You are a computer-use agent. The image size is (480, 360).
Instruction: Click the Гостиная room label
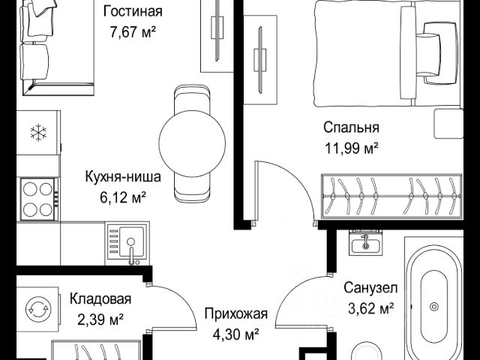click(x=133, y=12)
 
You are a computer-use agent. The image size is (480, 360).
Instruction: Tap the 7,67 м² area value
click(x=133, y=31)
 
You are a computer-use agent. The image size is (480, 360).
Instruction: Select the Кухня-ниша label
click(x=123, y=177)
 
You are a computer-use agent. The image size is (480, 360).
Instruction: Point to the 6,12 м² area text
click(x=122, y=197)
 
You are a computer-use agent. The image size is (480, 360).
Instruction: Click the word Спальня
click(x=351, y=127)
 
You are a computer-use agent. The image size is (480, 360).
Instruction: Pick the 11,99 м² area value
click(x=351, y=148)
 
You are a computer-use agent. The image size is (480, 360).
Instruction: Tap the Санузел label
click(x=370, y=288)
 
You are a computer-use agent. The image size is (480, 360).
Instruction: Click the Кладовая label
click(x=100, y=298)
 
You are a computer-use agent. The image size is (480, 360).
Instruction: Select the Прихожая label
click(x=236, y=313)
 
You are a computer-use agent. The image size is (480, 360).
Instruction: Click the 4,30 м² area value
click(x=236, y=334)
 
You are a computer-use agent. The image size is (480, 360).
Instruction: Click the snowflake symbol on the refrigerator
click(x=38, y=133)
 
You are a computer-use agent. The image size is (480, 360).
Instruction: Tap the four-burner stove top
click(x=39, y=199)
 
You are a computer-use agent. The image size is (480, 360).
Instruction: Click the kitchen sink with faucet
click(x=127, y=244)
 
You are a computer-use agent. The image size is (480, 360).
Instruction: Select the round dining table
click(x=192, y=143)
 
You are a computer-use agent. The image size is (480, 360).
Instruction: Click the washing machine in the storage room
click(x=37, y=308)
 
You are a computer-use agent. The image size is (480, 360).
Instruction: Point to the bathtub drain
click(x=433, y=307)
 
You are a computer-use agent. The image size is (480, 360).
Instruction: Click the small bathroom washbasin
click(x=365, y=243)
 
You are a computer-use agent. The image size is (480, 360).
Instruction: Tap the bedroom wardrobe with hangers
click(x=391, y=196)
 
